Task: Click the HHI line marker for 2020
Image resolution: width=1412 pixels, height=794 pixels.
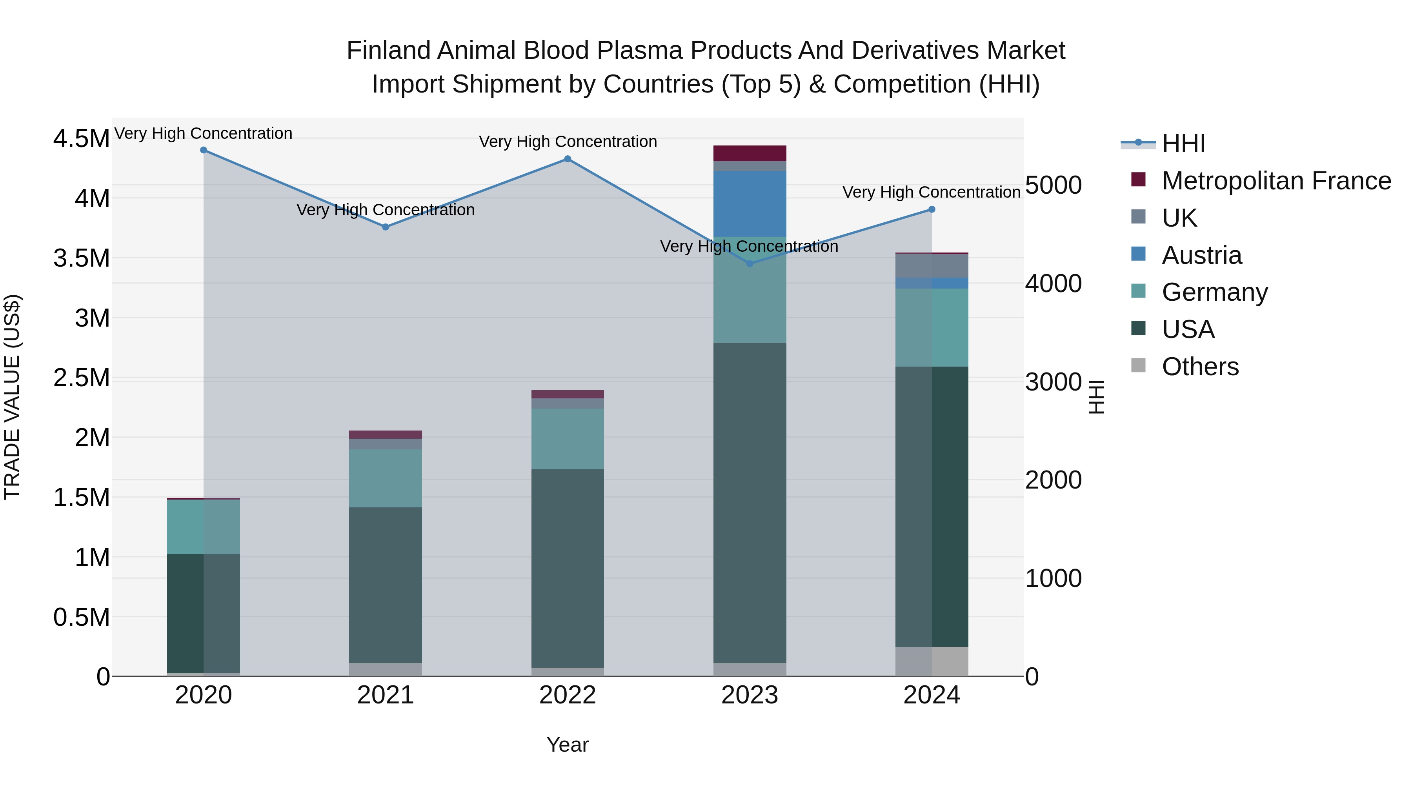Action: (203, 150)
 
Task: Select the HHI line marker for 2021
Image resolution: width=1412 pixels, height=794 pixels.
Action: (385, 227)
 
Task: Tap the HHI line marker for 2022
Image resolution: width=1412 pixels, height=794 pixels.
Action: (567, 159)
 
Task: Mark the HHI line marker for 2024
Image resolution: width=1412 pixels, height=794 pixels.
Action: (931, 209)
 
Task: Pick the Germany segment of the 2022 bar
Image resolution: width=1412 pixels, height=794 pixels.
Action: (567, 438)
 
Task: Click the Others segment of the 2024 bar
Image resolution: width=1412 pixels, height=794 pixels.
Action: (931, 661)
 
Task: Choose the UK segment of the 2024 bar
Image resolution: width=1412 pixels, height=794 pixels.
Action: (931, 266)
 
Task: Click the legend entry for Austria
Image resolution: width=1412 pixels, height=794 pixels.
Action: (1201, 255)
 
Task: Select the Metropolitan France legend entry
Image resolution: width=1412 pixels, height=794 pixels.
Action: (1276, 181)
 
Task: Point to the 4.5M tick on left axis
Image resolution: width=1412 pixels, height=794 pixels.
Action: (81, 139)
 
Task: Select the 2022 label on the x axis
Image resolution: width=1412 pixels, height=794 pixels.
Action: (567, 695)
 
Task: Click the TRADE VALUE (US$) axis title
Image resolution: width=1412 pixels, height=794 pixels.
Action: (12, 397)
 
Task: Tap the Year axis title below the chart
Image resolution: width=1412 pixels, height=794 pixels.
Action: (567, 745)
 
